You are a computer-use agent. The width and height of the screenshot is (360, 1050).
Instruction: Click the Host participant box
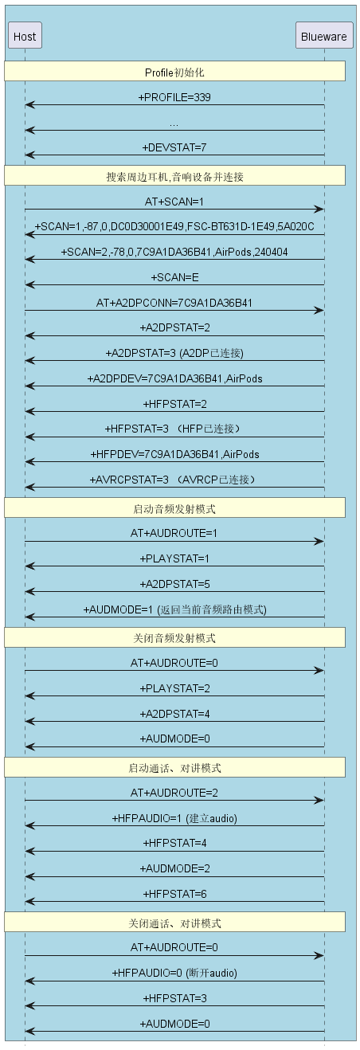(x=25, y=36)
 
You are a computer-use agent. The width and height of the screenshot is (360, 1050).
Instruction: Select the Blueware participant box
(x=324, y=36)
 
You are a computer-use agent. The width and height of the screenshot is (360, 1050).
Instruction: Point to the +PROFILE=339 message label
(x=174, y=97)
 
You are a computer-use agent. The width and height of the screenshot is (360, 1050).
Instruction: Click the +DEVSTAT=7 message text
(x=174, y=147)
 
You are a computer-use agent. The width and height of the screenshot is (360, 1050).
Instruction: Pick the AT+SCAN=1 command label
(x=174, y=202)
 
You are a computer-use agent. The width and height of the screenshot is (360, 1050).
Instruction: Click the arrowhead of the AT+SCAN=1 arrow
(x=319, y=209)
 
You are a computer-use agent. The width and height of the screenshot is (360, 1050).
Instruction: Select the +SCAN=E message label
(x=174, y=277)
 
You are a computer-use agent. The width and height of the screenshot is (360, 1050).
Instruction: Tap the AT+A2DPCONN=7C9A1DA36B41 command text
(x=174, y=303)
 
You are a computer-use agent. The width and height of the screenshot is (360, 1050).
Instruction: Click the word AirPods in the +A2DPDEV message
(x=245, y=378)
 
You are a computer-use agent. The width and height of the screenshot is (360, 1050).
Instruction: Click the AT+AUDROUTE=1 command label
(x=174, y=534)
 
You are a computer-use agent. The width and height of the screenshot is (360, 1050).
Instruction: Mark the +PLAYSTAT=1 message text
(x=174, y=558)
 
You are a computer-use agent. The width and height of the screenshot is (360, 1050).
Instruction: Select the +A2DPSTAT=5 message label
(x=174, y=584)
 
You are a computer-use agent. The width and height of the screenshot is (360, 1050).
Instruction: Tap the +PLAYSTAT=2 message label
(x=174, y=688)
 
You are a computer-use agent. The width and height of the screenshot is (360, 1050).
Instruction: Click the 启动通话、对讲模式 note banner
(x=175, y=767)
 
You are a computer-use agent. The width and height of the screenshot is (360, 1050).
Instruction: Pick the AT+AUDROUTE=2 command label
(x=174, y=793)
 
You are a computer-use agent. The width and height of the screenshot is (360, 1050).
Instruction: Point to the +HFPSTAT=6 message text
(x=174, y=894)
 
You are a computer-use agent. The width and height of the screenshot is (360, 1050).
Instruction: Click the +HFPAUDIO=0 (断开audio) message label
(x=174, y=974)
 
